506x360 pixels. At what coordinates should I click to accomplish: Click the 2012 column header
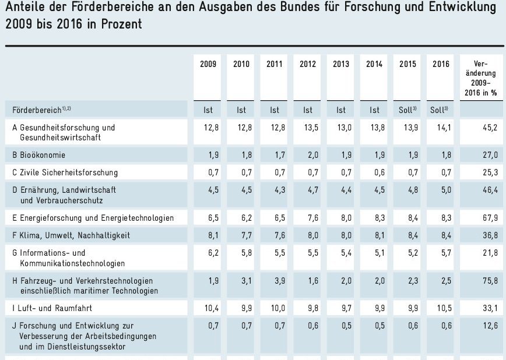[x=308, y=64]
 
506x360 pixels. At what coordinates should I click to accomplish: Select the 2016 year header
[x=441, y=64]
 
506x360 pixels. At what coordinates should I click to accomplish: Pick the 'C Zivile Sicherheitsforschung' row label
[x=65, y=172]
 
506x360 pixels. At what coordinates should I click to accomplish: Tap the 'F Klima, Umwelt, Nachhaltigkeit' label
[x=71, y=235]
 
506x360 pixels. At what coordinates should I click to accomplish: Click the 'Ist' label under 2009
[x=208, y=110]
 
